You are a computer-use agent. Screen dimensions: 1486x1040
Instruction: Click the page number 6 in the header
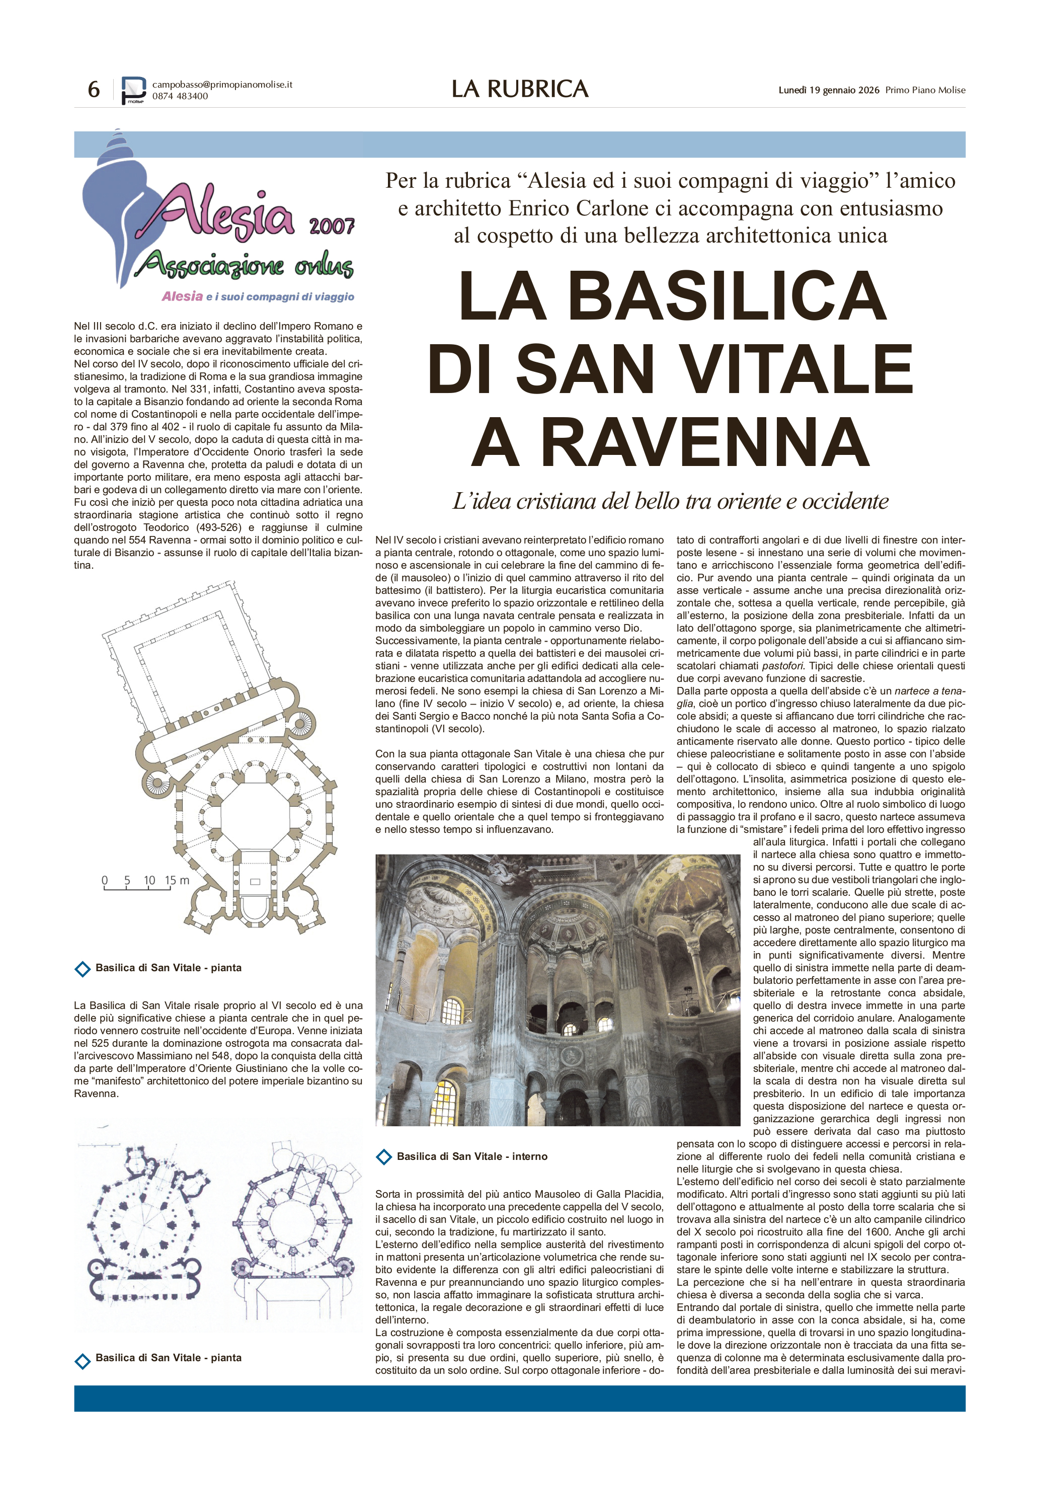[x=94, y=89]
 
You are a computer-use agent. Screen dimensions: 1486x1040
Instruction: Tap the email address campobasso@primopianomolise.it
[x=222, y=84]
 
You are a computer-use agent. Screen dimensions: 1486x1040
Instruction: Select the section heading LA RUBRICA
[x=520, y=89]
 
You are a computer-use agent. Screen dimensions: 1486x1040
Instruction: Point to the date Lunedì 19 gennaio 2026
[x=828, y=90]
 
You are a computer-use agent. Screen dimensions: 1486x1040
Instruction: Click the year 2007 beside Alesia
[x=332, y=226]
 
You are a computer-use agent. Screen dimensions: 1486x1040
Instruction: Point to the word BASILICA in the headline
[x=726, y=296]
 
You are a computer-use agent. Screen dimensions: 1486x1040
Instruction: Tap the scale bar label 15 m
[x=177, y=880]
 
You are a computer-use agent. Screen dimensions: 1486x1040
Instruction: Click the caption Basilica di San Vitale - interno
[x=472, y=1156]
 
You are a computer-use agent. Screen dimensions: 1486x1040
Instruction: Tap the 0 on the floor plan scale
[x=105, y=880]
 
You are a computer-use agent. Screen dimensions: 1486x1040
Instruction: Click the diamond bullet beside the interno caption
[x=384, y=1156]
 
